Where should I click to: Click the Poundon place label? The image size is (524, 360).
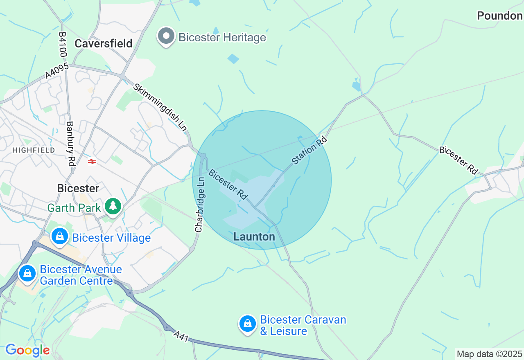(499, 16)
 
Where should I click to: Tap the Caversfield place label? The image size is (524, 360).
(104, 43)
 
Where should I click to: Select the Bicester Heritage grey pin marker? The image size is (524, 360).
(166, 36)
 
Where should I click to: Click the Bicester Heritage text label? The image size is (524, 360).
(222, 38)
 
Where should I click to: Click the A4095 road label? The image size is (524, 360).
(58, 70)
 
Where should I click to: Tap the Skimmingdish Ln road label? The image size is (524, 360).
(160, 108)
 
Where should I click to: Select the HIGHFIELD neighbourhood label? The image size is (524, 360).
(34, 150)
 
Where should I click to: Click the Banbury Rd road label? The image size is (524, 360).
(70, 143)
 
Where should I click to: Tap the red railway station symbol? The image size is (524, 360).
(92, 162)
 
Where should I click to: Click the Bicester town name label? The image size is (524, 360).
(78, 189)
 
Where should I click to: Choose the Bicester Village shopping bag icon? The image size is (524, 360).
(60, 236)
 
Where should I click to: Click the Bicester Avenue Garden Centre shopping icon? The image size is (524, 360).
(27, 273)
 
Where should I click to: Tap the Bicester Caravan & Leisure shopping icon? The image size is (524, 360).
(248, 324)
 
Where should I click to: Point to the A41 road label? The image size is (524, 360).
(181, 336)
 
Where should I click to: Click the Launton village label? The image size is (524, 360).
(254, 237)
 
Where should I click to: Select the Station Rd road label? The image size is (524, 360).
(310, 151)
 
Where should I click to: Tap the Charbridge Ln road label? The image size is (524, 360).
(199, 205)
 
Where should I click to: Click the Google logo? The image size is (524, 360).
(27, 350)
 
